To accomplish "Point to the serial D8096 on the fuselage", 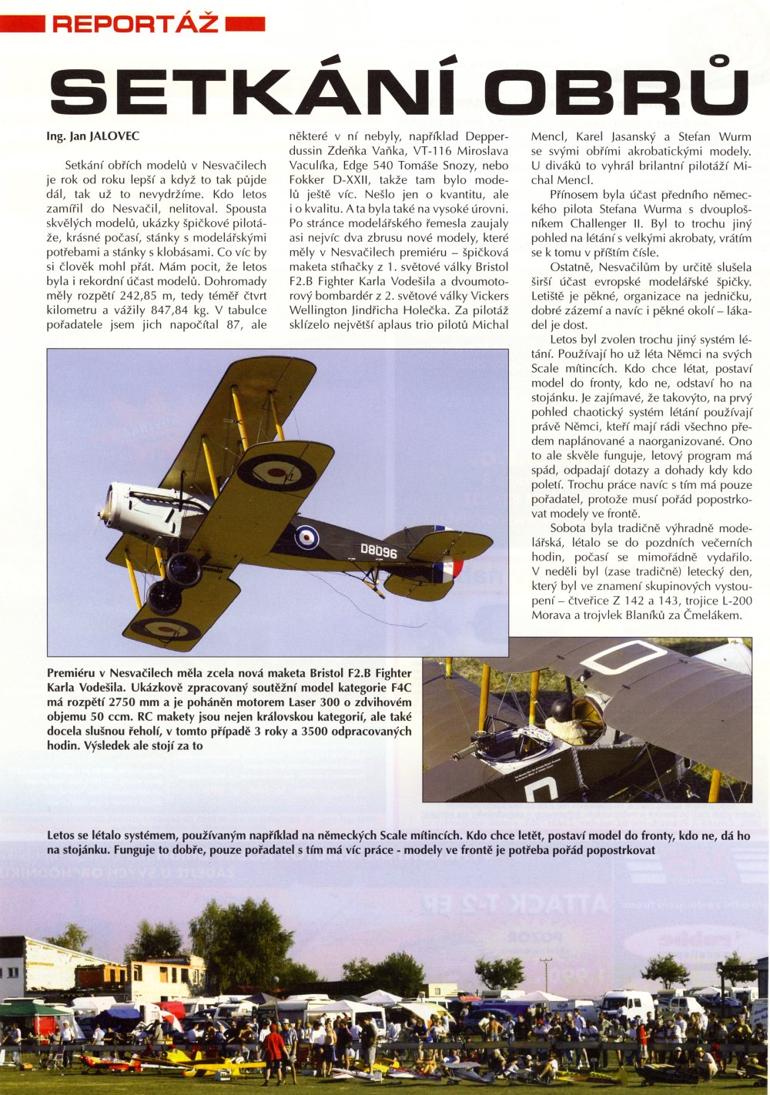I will [x=378, y=553].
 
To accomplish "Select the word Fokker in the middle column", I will [x=308, y=194].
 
